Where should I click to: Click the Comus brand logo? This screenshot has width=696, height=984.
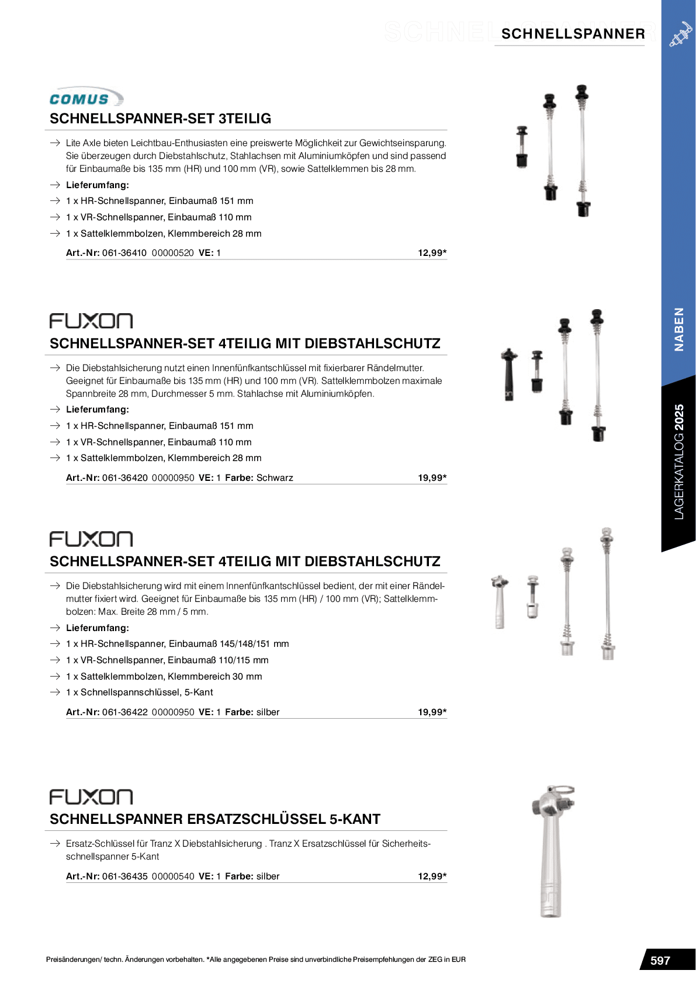86,98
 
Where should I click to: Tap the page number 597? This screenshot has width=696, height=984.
660,961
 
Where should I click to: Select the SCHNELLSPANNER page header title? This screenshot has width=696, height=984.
573,34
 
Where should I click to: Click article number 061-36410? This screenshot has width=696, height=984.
124,253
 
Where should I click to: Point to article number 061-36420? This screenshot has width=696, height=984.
124,478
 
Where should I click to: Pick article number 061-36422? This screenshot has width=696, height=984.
124,712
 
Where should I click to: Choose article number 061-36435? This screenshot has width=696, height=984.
124,876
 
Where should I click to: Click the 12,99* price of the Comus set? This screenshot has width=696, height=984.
432,253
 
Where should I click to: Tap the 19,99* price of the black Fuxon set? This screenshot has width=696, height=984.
432,478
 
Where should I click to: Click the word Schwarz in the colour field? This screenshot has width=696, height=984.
275,478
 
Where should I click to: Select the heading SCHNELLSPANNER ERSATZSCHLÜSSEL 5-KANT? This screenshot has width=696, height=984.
215,819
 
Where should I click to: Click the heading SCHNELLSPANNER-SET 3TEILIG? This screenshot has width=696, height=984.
160,119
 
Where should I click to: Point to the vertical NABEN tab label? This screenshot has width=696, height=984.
678,329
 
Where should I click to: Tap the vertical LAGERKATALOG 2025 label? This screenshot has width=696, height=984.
678,462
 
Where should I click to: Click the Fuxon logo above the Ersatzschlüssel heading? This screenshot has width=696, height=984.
91,797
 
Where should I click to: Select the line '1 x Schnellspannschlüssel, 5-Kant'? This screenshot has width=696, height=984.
139,692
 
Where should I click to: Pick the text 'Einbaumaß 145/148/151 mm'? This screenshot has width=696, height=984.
228,644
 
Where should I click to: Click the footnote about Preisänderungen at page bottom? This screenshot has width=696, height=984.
255,959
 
